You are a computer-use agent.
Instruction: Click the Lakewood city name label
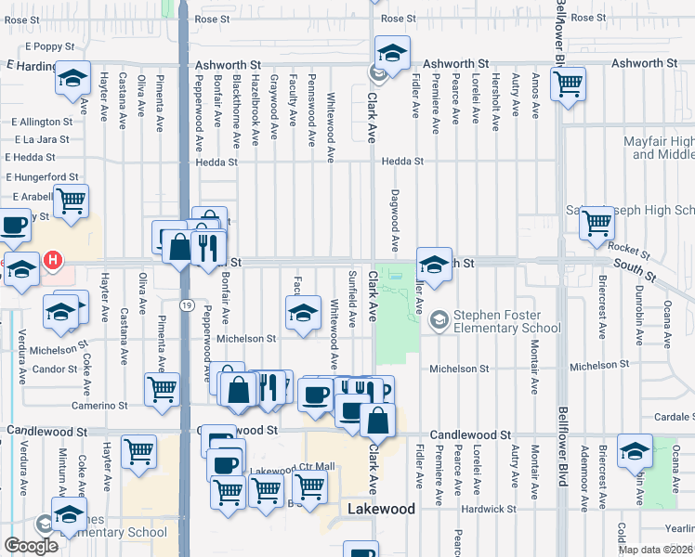point(381,510)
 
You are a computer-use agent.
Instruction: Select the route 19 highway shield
point(187,305)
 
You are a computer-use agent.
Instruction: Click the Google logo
point(31,546)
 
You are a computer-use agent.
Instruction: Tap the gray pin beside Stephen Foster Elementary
point(439,320)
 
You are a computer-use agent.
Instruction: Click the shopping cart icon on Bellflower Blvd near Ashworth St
point(568,85)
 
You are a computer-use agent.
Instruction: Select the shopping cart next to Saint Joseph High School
point(597,223)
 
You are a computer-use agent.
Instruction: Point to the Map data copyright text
point(655,550)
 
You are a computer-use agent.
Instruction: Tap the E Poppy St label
point(48,45)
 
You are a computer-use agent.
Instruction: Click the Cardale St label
point(672,416)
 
